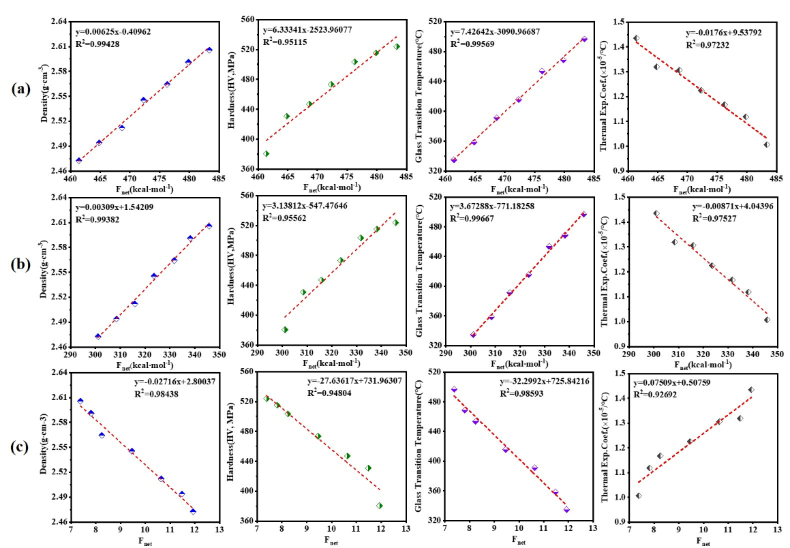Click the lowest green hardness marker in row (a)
pos(266,153)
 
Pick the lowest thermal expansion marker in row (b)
pos(767,320)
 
